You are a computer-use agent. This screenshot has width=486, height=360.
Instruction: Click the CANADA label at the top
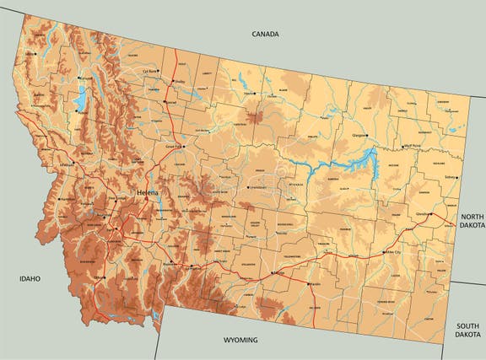point(265,35)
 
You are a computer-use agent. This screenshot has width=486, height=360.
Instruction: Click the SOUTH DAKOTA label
point(467,330)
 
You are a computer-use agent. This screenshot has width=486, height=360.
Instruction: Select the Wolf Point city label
point(412,145)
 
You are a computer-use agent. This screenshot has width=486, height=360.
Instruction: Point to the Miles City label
point(392,252)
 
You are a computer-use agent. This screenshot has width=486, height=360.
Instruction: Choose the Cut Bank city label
point(151,71)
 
